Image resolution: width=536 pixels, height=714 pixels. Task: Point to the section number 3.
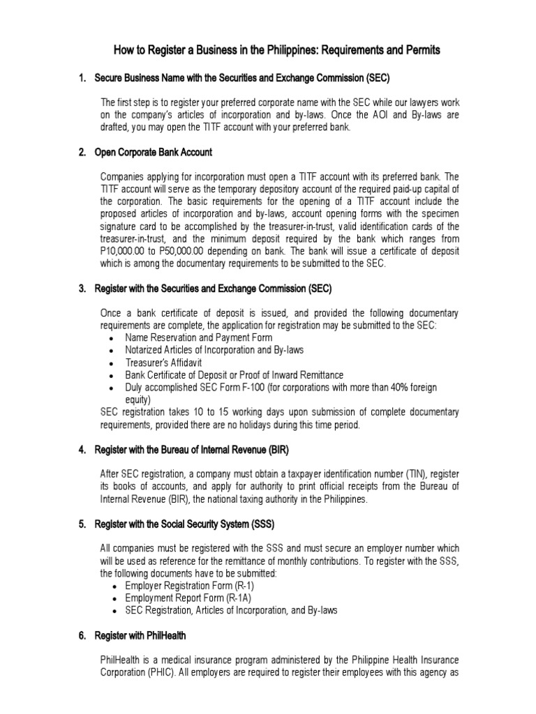tap(82, 288)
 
